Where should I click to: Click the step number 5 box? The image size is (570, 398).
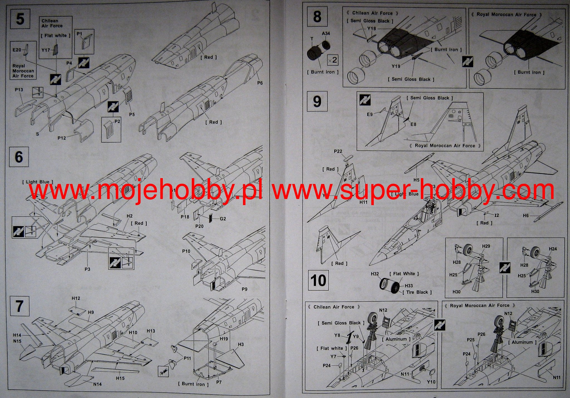pyautogui.click(x=20, y=19)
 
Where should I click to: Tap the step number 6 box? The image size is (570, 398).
pyautogui.click(x=19, y=157)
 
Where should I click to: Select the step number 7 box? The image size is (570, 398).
pyautogui.click(x=19, y=306)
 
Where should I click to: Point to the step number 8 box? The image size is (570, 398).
pyautogui.click(x=317, y=17)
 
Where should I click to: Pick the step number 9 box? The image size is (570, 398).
pyautogui.click(x=317, y=102)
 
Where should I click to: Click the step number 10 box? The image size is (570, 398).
pyautogui.click(x=318, y=280)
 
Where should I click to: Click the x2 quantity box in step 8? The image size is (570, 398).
pyautogui.click(x=332, y=60)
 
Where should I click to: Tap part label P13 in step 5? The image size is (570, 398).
pyautogui.click(x=19, y=90)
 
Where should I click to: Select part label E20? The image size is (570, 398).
pyautogui.click(x=17, y=50)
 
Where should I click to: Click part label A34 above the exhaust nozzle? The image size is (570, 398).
pyautogui.click(x=326, y=33)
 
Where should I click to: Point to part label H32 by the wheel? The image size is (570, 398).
pyautogui.click(x=375, y=274)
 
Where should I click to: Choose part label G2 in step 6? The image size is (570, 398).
pyautogui.click(x=223, y=219)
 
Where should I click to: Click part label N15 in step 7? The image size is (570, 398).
pyautogui.click(x=17, y=341)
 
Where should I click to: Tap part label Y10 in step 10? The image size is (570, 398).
pyautogui.click(x=431, y=382)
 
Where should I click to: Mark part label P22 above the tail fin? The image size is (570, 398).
pyautogui.click(x=338, y=151)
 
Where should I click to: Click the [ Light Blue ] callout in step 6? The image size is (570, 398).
pyautogui.click(x=38, y=182)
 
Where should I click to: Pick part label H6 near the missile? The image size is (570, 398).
pyautogui.click(x=525, y=215)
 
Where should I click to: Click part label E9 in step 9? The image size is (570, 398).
pyautogui.click(x=369, y=114)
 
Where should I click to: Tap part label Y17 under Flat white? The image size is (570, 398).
pyautogui.click(x=46, y=50)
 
